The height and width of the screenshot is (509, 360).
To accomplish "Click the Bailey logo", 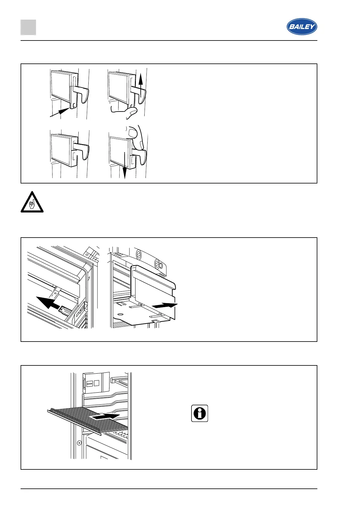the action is [x=302, y=27].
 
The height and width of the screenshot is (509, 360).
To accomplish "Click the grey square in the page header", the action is [x=28, y=27].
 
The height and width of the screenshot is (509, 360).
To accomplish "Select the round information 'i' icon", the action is [x=200, y=413].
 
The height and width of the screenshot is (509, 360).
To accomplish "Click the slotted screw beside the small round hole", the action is [x=157, y=264].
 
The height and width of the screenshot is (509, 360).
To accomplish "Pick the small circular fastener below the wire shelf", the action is [x=79, y=443].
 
